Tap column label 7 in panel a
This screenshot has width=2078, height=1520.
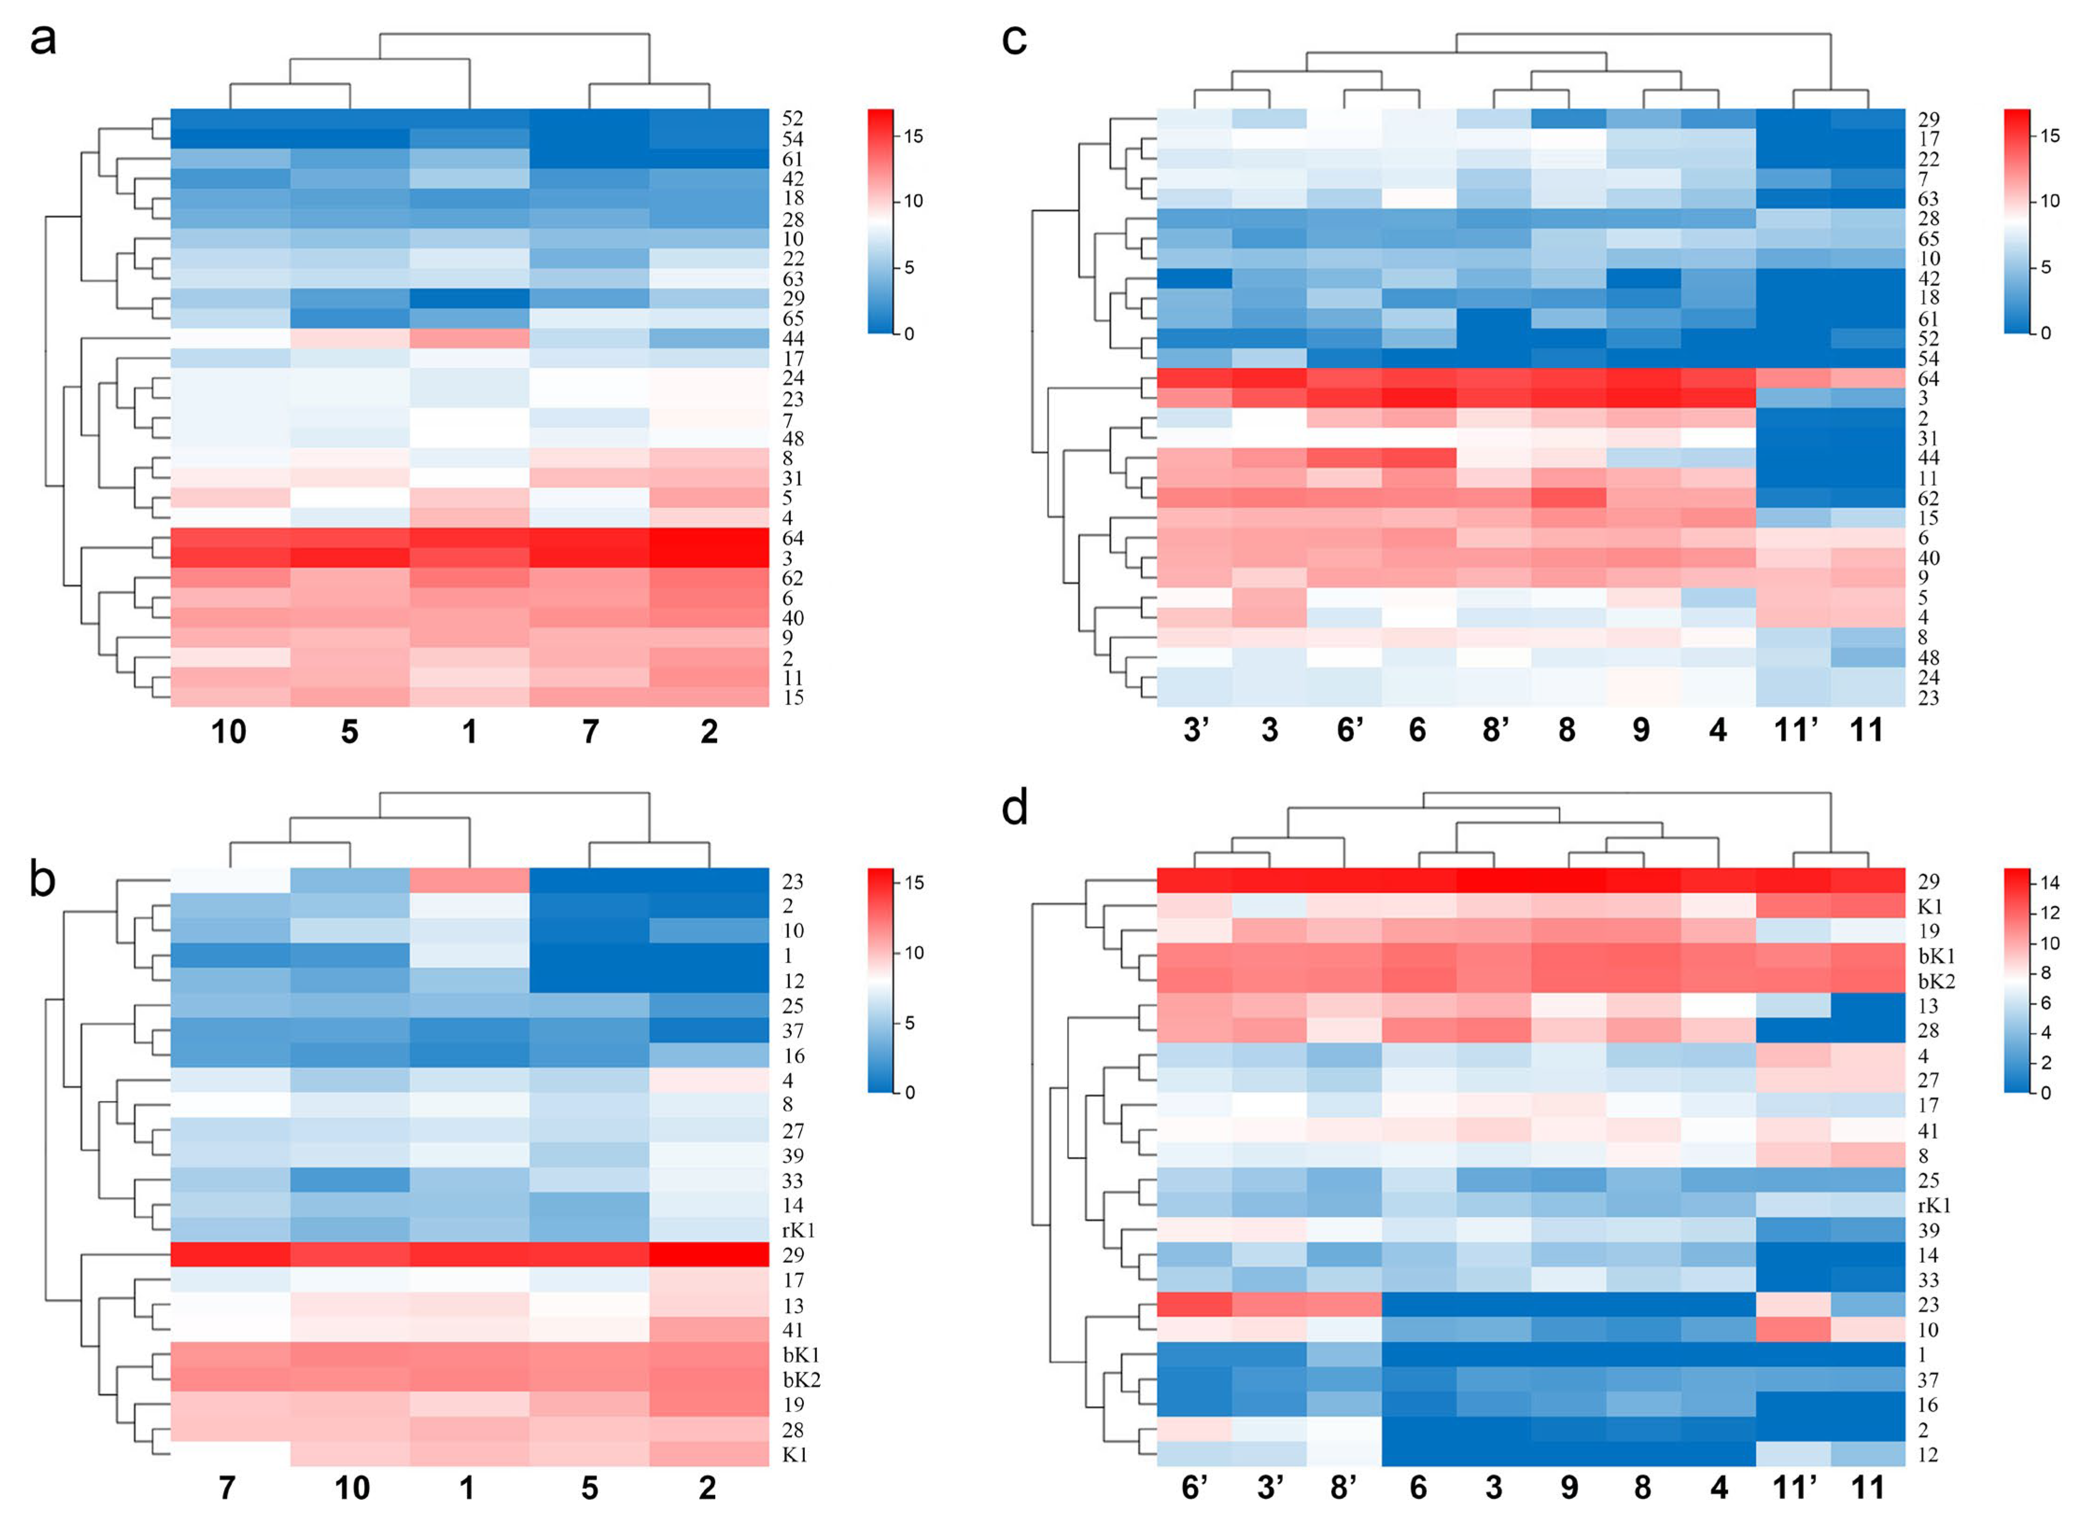tap(590, 731)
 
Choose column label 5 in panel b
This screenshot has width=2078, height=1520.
tap(590, 1488)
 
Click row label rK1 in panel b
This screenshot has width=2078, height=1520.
tap(798, 1230)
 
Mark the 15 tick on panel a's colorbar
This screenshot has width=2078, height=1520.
tap(913, 136)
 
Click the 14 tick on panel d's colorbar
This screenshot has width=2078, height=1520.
tap(2050, 883)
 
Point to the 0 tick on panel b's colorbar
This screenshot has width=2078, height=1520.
tap(909, 1092)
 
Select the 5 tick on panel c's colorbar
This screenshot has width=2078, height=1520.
tap(2046, 267)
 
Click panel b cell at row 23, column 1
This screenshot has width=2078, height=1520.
tap(469, 881)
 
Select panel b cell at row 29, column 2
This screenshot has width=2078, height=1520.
tap(709, 1255)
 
